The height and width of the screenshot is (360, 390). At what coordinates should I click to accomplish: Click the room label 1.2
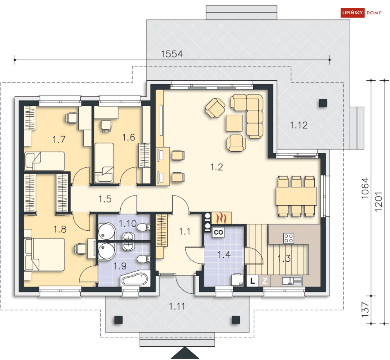coord(216,167)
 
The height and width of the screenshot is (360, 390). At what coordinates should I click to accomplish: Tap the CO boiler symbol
coord(218,232)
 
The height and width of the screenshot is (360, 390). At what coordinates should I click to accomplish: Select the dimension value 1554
coord(172,54)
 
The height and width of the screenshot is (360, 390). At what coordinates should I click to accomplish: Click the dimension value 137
coord(366,309)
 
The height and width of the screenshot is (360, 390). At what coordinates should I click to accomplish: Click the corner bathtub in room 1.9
coord(134,279)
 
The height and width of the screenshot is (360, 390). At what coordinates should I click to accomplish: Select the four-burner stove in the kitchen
coord(289,238)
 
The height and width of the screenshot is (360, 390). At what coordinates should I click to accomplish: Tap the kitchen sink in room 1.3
coord(291,280)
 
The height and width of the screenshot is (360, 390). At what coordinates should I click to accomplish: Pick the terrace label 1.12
coord(299,125)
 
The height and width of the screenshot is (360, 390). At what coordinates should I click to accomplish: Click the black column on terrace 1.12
coord(323,103)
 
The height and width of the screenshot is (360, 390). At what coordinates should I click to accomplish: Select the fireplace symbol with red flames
coord(222,217)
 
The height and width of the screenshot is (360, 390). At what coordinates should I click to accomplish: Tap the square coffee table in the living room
coord(234,123)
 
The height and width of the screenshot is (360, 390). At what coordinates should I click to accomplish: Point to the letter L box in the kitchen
coord(253,280)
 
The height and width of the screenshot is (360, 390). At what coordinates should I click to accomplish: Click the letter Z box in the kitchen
coord(265,280)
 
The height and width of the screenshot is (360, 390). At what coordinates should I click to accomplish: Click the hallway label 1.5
coord(105,199)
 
